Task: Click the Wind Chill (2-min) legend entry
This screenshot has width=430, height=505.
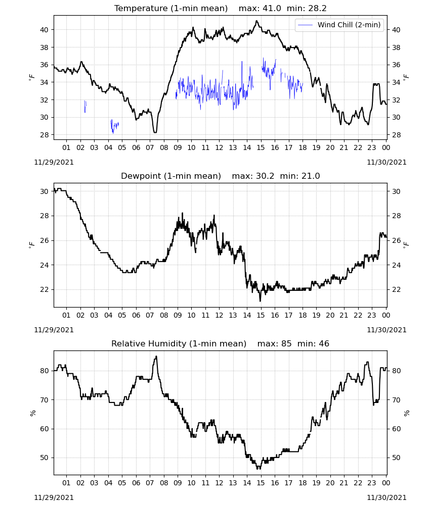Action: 339,25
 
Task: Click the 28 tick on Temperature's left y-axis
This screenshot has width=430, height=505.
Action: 44,135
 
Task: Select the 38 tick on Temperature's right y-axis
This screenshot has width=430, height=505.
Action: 396,47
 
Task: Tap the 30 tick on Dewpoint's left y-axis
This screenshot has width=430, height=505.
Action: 44,191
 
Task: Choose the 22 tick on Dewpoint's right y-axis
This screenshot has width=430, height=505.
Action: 396,289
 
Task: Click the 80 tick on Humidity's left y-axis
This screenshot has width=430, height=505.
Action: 44,371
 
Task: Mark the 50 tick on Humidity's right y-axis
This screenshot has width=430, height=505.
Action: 396,458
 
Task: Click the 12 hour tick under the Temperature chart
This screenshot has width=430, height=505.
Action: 219,147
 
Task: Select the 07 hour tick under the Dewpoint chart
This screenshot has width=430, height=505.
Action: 150,315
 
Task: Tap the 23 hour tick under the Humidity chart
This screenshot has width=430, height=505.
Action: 372,483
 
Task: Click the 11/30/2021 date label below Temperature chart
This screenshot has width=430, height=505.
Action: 386,162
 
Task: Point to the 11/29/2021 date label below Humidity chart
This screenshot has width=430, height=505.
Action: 54,497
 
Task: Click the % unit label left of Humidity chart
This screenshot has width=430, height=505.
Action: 32,413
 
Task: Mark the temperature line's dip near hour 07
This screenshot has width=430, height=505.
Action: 155,132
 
